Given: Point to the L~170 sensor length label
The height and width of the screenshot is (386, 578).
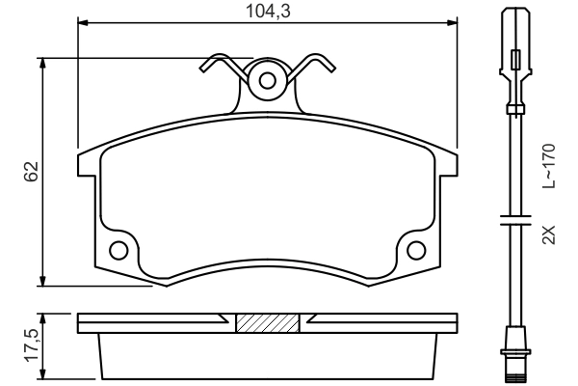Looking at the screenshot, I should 548,165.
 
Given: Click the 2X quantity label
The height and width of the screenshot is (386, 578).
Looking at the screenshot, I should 548,234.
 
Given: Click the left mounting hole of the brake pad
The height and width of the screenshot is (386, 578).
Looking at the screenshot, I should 119,250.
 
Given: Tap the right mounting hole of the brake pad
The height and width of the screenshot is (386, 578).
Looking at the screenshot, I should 416,250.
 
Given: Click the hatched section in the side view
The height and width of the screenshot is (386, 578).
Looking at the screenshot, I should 267,323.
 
